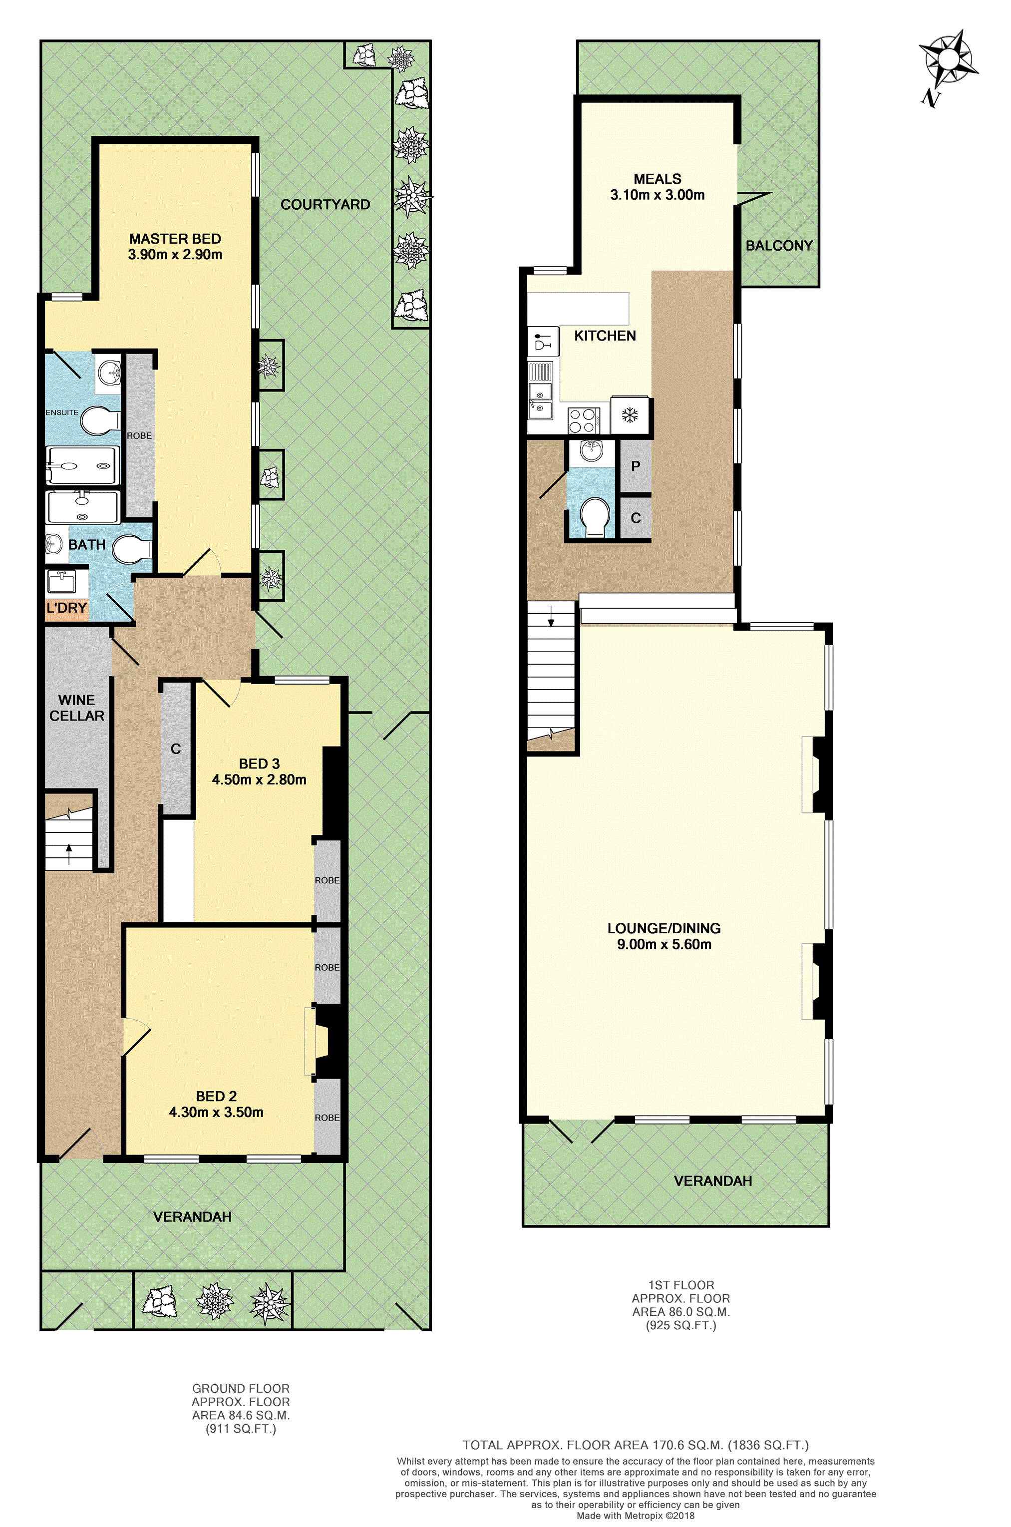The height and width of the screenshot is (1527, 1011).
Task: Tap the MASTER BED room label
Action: tap(175, 239)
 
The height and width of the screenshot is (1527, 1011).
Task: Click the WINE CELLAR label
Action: tap(77, 708)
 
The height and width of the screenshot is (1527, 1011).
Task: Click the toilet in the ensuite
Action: tap(100, 420)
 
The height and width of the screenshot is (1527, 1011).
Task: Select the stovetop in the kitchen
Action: tap(584, 420)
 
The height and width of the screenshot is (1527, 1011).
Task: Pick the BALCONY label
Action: tap(779, 246)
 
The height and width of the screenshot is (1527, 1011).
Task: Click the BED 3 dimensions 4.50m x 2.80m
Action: tap(259, 779)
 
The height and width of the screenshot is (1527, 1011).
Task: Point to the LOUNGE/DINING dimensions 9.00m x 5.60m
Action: tap(664, 945)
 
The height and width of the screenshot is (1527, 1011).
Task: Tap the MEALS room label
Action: tap(657, 179)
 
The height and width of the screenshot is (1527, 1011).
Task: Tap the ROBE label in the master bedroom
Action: tap(139, 436)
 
